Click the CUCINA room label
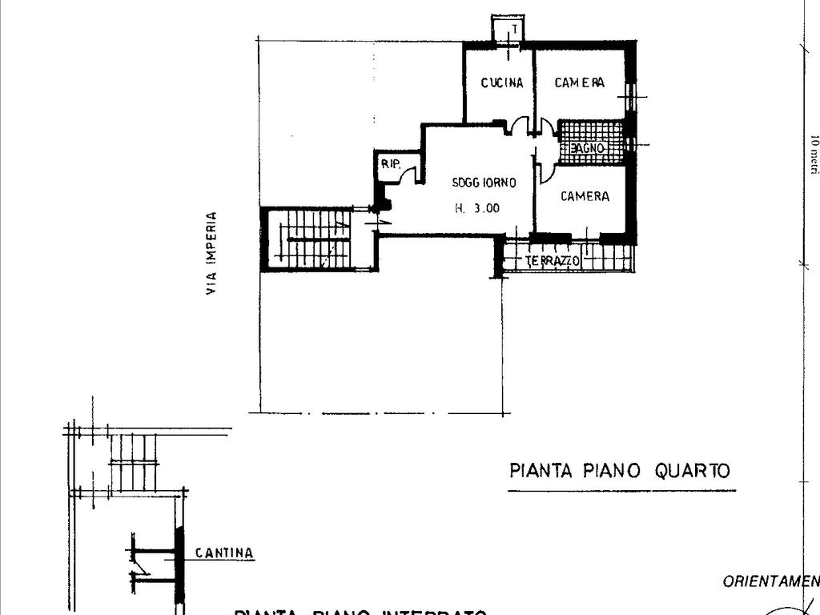(502, 82)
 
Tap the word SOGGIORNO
(484, 183)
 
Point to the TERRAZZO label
(553, 261)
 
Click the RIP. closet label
(390, 164)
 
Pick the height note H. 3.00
(477, 208)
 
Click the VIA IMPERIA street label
(211, 253)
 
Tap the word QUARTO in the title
(693, 470)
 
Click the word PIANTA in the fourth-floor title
(541, 470)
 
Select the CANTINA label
(224, 553)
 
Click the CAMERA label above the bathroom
(579, 82)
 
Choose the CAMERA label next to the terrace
(585, 196)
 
